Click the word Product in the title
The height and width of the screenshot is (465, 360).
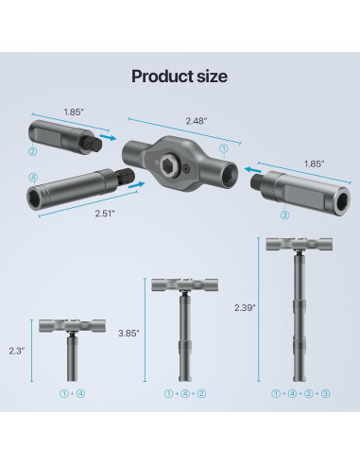[163, 77]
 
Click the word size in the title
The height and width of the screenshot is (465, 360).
[212, 77]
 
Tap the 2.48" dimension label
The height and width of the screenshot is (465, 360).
[197, 121]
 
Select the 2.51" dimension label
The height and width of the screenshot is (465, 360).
[105, 214]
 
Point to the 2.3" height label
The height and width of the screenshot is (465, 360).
[17, 351]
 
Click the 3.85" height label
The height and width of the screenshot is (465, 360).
[129, 333]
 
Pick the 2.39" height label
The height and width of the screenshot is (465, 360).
[245, 307]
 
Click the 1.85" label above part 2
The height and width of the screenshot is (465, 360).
[74, 112]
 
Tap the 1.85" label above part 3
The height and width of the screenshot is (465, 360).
[314, 164]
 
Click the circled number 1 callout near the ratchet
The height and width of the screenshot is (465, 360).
[224, 148]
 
